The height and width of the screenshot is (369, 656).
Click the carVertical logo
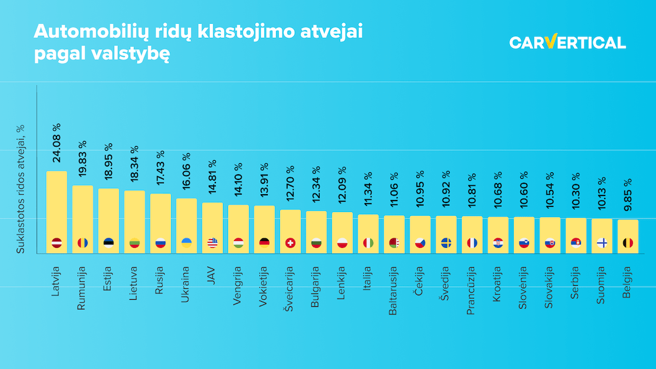coord(567,42)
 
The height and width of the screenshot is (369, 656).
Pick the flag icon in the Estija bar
coord(108,243)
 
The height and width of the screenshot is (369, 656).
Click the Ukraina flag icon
coord(186,243)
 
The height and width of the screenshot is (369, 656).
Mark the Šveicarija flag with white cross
coord(290,243)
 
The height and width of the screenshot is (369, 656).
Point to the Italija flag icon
coord(368,243)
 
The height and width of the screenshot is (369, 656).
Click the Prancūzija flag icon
coord(472,243)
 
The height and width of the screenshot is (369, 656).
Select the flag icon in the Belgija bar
coord(628,243)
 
